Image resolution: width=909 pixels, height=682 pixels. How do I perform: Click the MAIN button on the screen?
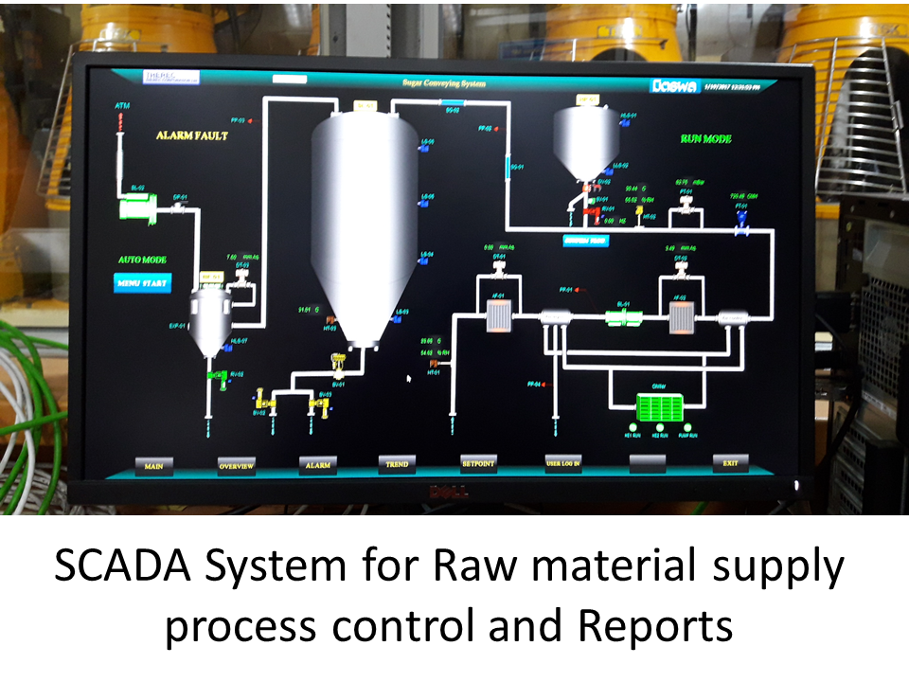click(152, 466)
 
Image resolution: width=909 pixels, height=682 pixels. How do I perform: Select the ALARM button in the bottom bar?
click(317, 465)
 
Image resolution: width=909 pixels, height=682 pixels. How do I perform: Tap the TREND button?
click(397, 464)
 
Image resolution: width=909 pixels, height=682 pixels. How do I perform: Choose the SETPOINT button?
click(478, 463)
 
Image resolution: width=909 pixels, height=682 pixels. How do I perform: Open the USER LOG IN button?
click(562, 463)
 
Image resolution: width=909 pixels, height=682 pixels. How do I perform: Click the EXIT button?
click(730, 462)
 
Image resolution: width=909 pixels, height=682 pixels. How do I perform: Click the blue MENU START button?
click(142, 282)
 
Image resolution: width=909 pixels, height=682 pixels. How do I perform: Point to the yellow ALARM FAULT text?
click(192, 135)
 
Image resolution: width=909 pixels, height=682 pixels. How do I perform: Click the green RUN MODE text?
click(705, 138)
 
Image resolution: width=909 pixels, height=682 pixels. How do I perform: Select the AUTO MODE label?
click(142, 259)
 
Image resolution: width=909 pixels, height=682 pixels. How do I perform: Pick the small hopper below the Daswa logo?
click(585, 142)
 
